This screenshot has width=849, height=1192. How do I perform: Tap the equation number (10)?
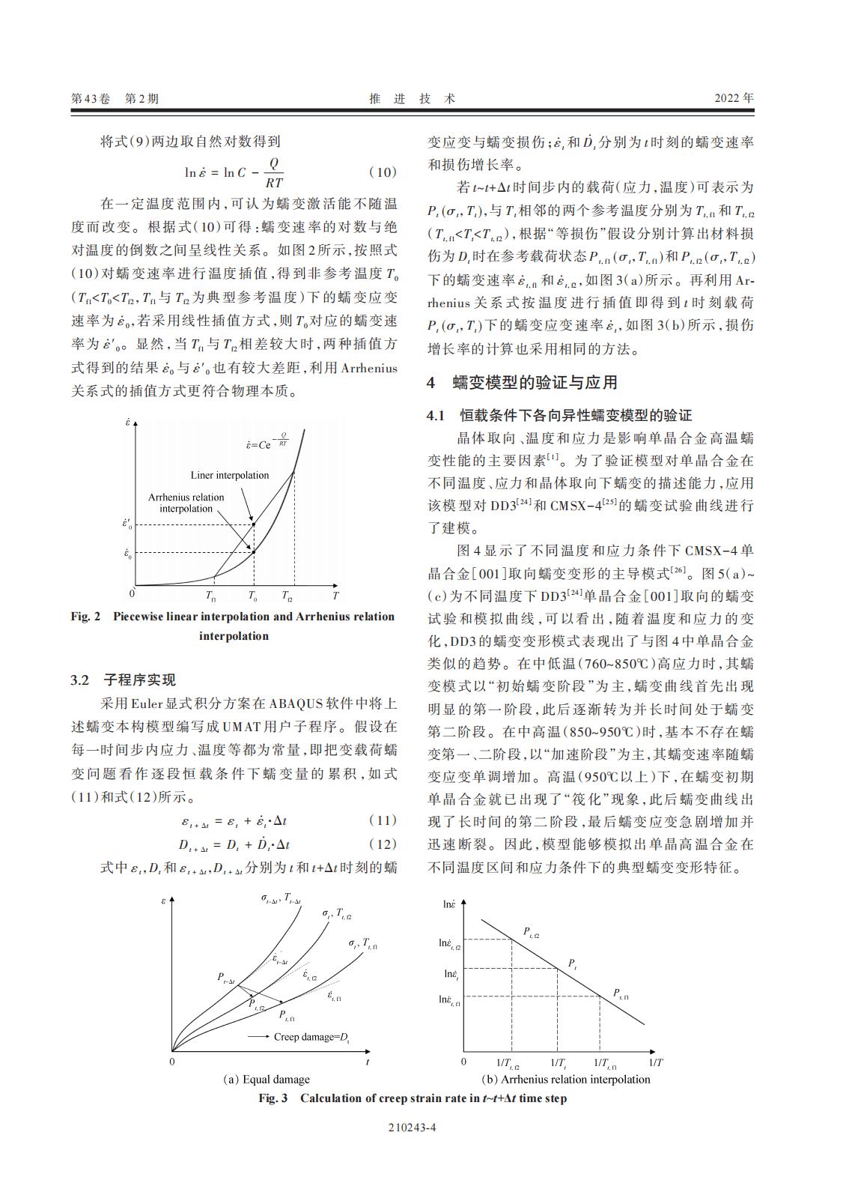382,172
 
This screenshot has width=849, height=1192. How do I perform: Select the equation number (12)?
382,844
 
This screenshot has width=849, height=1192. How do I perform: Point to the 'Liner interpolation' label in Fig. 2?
229,475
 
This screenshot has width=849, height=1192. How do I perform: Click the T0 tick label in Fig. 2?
252,597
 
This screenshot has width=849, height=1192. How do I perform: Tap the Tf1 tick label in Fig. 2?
211,597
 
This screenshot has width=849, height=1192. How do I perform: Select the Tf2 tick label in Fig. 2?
287,597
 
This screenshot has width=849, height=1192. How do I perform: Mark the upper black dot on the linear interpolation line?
254,524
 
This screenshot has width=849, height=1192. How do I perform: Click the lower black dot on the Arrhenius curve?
254,553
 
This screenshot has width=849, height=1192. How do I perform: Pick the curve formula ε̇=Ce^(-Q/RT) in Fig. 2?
268,443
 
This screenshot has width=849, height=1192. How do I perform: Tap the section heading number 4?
430,383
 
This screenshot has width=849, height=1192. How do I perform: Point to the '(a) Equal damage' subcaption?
267,1080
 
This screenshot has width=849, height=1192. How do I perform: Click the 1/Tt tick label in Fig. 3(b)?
559,1063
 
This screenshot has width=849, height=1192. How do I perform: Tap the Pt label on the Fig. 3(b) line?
572,963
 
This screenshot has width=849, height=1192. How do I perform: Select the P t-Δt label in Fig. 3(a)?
226,977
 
